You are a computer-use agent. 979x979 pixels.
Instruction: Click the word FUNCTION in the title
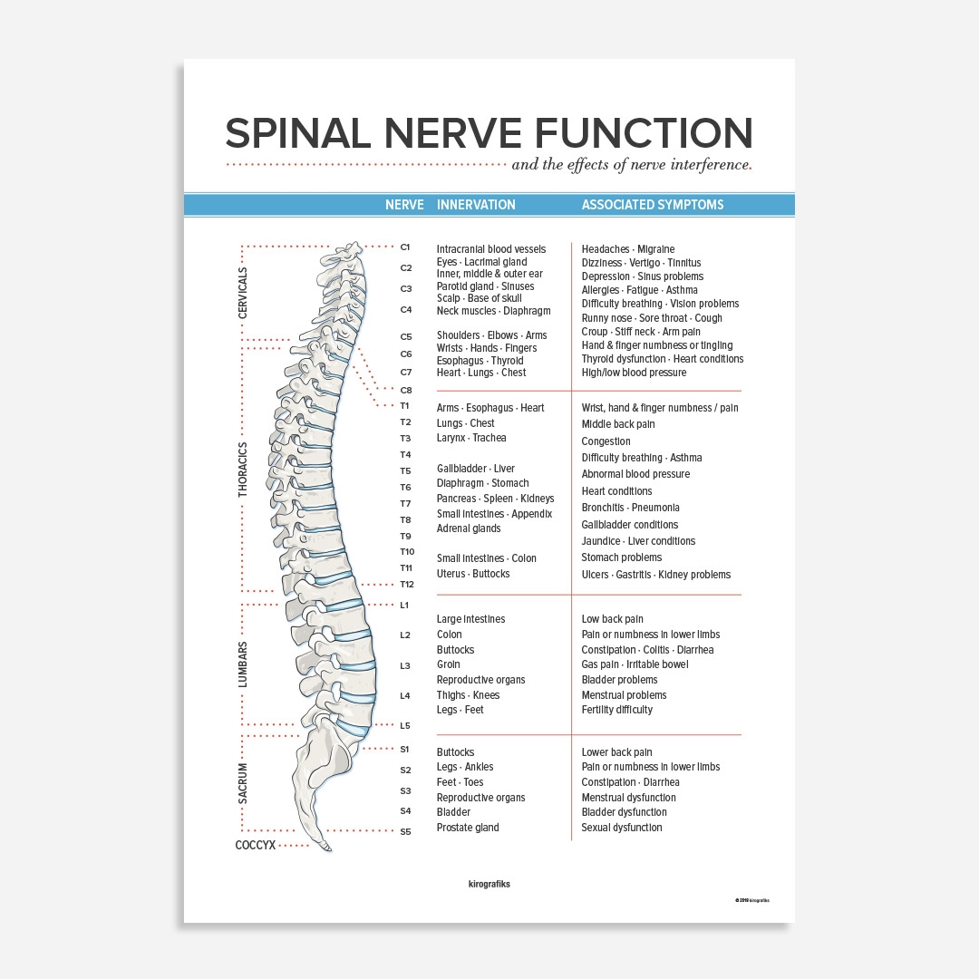point(644,133)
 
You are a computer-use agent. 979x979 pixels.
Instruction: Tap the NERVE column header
point(404,205)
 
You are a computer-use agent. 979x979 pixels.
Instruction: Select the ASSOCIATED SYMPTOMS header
point(653,205)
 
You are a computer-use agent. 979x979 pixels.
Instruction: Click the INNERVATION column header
point(476,205)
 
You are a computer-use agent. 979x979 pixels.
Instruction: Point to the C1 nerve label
point(405,247)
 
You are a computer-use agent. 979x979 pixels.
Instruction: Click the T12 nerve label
point(407,584)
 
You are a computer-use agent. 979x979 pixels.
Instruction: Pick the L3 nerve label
point(405,665)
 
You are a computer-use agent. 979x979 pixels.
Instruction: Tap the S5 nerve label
point(405,831)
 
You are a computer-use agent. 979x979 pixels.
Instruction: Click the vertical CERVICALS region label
point(242,293)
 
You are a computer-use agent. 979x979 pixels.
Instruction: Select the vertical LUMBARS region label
point(242,664)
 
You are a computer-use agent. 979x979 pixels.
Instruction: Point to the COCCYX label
point(255,845)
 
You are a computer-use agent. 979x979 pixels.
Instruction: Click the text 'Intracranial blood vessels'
point(491,249)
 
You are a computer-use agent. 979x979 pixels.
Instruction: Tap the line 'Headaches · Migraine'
point(627,249)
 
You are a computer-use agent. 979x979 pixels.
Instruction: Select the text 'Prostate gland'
point(468,828)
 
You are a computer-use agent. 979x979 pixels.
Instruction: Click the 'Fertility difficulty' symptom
point(616,710)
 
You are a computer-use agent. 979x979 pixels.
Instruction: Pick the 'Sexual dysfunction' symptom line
point(621,828)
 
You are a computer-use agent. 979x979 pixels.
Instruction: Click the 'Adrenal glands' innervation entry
point(469,528)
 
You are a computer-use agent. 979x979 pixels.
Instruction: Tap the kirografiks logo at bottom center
point(489,884)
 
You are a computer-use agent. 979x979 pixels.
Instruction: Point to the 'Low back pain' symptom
point(612,619)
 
